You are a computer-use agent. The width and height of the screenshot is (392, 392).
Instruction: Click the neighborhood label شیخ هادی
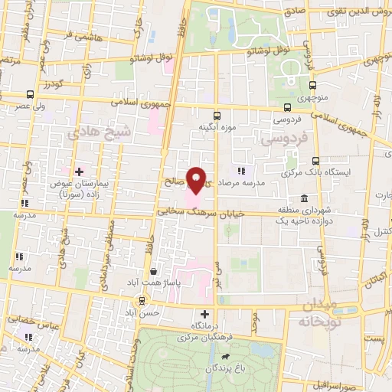coord(89,134)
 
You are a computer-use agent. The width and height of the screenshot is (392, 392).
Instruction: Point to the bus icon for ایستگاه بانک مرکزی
coord(315,160)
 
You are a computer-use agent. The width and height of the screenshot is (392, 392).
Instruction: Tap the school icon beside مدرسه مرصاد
coord(242,171)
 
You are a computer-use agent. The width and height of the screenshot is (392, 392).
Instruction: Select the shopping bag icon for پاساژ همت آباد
coord(154,270)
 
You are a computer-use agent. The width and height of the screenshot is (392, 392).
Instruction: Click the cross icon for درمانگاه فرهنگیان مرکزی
coord(204,314)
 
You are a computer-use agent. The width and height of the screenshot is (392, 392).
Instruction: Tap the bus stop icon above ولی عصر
coord(30,94)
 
